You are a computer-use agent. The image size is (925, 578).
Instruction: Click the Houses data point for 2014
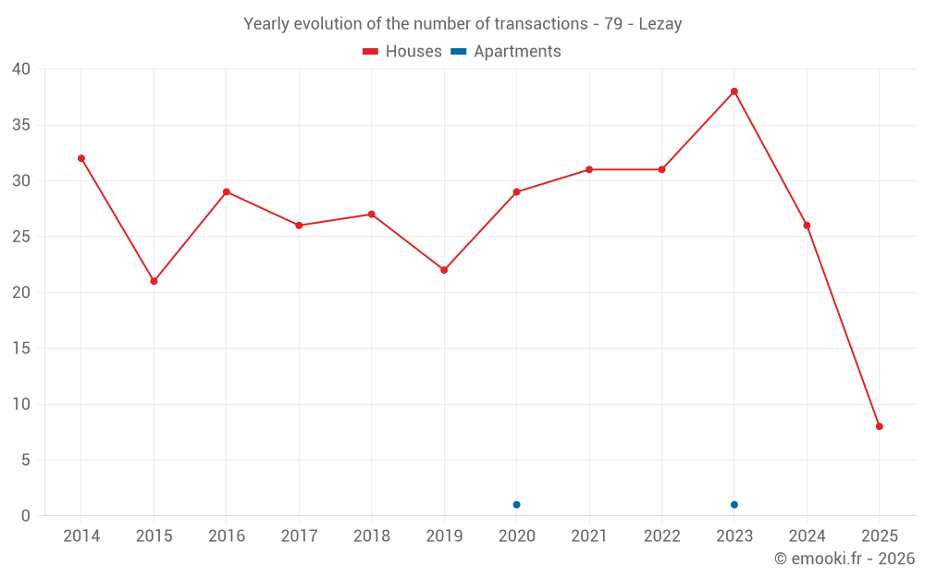[81, 158]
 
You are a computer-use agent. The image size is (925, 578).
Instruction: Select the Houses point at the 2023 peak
[734, 92]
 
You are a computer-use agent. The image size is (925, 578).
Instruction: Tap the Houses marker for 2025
[880, 426]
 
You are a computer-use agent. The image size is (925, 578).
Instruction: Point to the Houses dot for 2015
[154, 281]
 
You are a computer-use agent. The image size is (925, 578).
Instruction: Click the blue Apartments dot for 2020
[517, 505]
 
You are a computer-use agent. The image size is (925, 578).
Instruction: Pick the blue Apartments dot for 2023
[734, 505]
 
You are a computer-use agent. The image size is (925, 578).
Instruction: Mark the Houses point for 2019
[444, 270]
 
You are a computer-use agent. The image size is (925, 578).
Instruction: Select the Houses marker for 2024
[807, 226]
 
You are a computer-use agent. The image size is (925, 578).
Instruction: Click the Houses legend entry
[413, 52]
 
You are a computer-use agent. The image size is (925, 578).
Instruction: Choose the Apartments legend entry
[517, 52]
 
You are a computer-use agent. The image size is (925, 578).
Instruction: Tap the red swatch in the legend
[371, 52]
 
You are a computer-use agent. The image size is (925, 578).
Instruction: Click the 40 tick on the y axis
[21, 69]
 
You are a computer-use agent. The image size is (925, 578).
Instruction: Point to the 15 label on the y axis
[21, 349]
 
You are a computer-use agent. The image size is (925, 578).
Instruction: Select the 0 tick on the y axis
[26, 516]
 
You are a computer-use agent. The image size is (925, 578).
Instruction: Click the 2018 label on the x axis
[371, 536]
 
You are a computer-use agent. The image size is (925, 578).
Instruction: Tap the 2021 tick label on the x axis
[589, 536]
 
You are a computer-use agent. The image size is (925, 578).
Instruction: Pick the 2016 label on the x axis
[227, 536]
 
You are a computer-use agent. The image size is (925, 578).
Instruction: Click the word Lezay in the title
[660, 24]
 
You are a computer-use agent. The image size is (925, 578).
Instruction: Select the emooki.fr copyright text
[845, 559]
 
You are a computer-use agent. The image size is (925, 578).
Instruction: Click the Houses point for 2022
[661, 169]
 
